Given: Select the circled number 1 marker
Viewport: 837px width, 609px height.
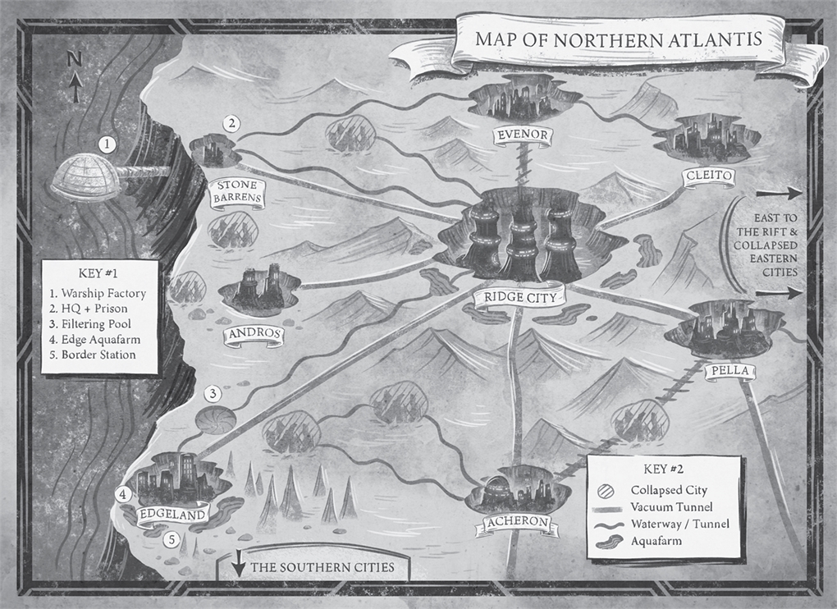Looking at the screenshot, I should [x=105, y=144].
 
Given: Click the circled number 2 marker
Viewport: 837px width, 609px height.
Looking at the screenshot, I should [x=233, y=124].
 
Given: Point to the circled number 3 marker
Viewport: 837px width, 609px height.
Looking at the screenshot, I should [x=212, y=394].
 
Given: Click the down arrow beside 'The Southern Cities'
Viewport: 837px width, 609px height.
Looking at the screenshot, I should [x=238, y=567].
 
